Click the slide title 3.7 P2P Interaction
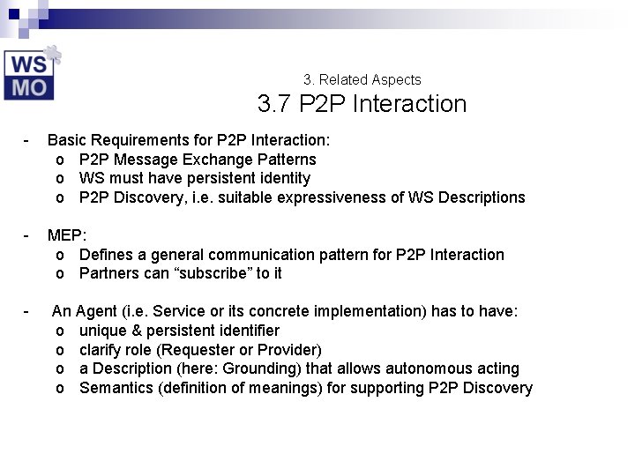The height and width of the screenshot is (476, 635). point(362,104)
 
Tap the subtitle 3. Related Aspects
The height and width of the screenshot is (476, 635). point(362,79)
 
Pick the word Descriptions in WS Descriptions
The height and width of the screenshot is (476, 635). point(482,197)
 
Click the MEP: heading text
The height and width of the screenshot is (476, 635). point(67,235)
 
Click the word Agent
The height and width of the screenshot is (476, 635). point(94,311)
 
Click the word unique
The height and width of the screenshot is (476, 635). point(103,331)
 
